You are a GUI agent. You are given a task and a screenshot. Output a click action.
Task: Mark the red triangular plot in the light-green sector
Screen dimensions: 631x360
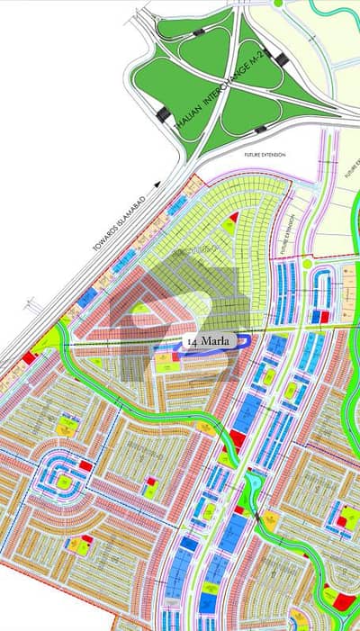click(x=235, y=217)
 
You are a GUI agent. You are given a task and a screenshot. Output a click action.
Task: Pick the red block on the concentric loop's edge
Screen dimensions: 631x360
click(x=85, y=466)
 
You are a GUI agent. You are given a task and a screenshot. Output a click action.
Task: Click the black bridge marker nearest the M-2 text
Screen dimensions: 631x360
click(x=281, y=59)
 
